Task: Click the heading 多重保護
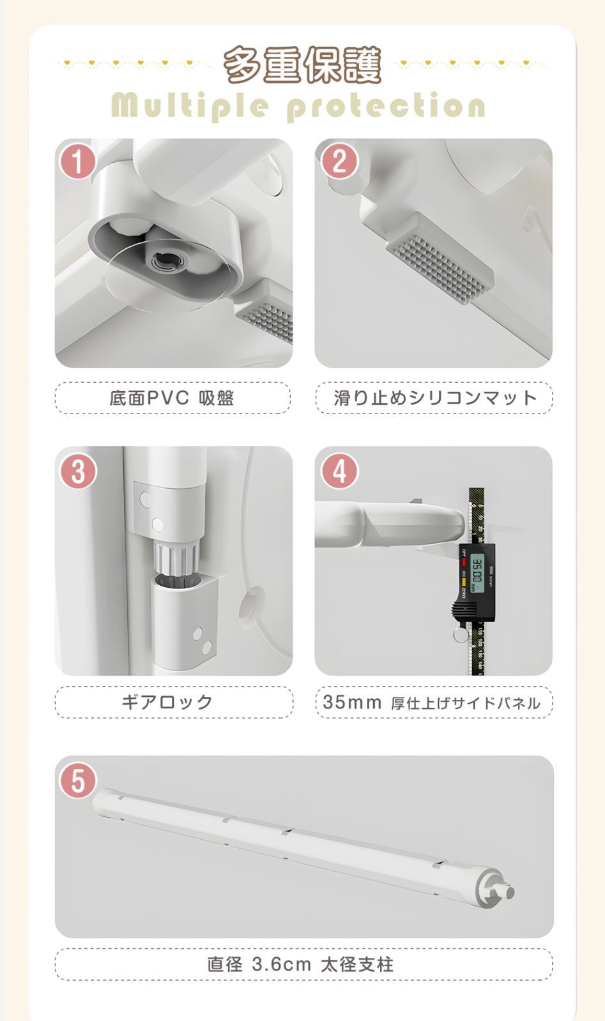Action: tap(302, 64)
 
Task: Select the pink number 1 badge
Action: tap(77, 161)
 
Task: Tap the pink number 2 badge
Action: tap(339, 161)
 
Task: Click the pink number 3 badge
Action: tap(78, 472)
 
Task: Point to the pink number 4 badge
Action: tap(339, 472)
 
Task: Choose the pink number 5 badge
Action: tap(77, 781)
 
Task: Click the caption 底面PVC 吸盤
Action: tap(172, 398)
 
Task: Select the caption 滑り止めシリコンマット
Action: tap(434, 398)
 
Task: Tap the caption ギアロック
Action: tap(167, 702)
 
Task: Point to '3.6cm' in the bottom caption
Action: tap(281, 964)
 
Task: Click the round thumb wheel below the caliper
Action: tap(459, 634)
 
